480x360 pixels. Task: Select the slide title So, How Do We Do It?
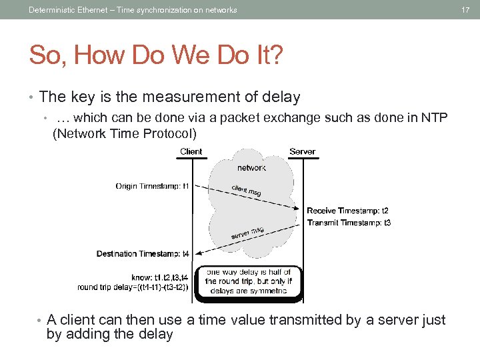[156, 55]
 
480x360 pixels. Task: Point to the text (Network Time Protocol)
[125, 133]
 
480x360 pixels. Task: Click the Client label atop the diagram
[191, 151]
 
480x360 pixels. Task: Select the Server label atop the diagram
[302, 151]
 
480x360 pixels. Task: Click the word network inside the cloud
[251, 168]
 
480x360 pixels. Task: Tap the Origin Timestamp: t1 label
[153, 186]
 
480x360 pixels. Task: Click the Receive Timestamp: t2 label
[347, 211]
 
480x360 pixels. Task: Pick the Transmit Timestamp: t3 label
[349, 223]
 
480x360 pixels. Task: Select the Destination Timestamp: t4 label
[143, 254]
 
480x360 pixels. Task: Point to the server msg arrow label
[247, 233]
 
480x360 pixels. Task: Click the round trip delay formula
[133, 287]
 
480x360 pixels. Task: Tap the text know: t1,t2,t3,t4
[161, 277]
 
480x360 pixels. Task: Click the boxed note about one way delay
[248, 281]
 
